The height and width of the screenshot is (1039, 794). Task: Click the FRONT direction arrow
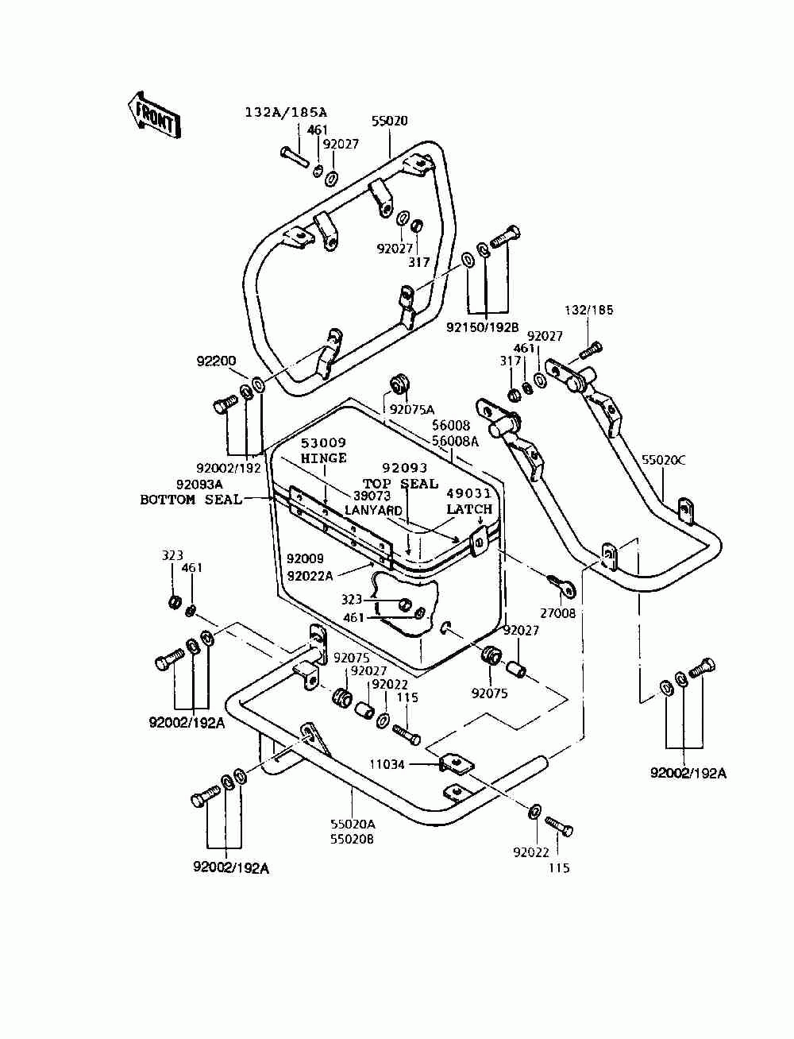click(x=154, y=116)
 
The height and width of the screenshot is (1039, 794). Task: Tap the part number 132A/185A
click(x=286, y=112)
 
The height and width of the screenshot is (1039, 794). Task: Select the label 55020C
click(x=664, y=460)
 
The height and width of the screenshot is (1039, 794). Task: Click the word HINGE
click(x=324, y=458)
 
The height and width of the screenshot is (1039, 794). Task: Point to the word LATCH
click(x=469, y=509)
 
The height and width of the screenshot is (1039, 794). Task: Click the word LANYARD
click(x=373, y=510)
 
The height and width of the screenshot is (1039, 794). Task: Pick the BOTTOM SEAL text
click(x=191, y=500)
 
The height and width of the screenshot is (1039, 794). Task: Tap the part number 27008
click(x=558, y=613)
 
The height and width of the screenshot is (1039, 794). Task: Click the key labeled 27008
click(x=561, y=585)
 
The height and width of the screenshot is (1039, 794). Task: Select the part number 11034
click(x=387, y=764)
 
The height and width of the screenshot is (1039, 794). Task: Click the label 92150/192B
click(x=483, y=327)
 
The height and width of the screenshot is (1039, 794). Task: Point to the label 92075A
click(x=411, y=409)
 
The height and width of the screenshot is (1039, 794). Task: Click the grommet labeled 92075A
click(x=398, y=383)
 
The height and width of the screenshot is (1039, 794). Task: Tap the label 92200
click(x=216, y=361)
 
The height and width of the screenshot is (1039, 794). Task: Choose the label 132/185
click(x=588, y=310)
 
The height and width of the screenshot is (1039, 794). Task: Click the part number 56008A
click(x=455, y=442)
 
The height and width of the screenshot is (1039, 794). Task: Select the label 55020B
click(x=352, y=840)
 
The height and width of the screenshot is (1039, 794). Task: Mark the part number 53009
click(x=324, y=442)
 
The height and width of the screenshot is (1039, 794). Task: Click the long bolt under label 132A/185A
click(x=295, y=156)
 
